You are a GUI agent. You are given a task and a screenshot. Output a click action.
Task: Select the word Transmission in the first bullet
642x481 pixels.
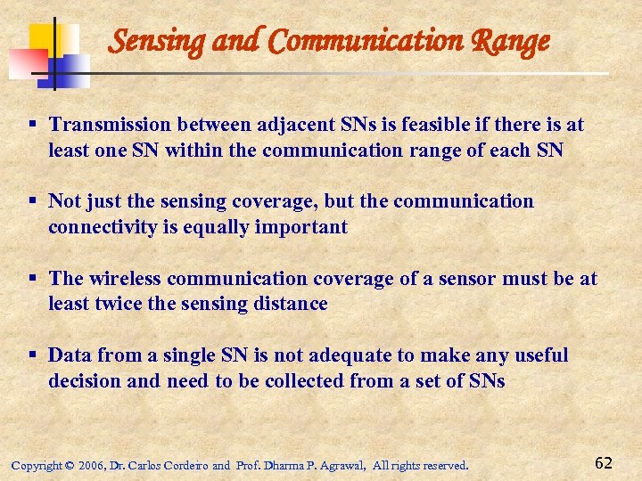click(x=109, y=125)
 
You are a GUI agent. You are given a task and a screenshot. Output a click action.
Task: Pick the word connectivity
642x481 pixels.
click(x=106, y=227)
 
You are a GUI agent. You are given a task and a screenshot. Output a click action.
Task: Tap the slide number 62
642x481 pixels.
click(x=603, y=462)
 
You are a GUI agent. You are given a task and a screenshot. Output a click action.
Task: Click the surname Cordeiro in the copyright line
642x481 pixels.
click(x=183, y=465)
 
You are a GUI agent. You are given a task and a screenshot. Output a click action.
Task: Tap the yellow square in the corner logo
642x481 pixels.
click(x=45, y=38)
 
